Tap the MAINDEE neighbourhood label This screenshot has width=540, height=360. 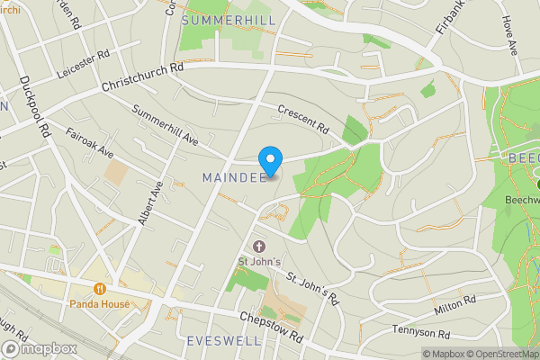[x=234, y=176]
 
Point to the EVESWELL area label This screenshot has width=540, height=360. [x=224, y=341]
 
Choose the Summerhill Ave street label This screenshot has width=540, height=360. [x=165, y=126]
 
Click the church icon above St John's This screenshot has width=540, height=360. [x=260, y=247]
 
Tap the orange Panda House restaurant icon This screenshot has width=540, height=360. [x=100, y=289]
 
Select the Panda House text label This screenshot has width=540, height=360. [x=100, y=304]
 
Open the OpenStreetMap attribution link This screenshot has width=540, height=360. [x=492, y=354]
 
